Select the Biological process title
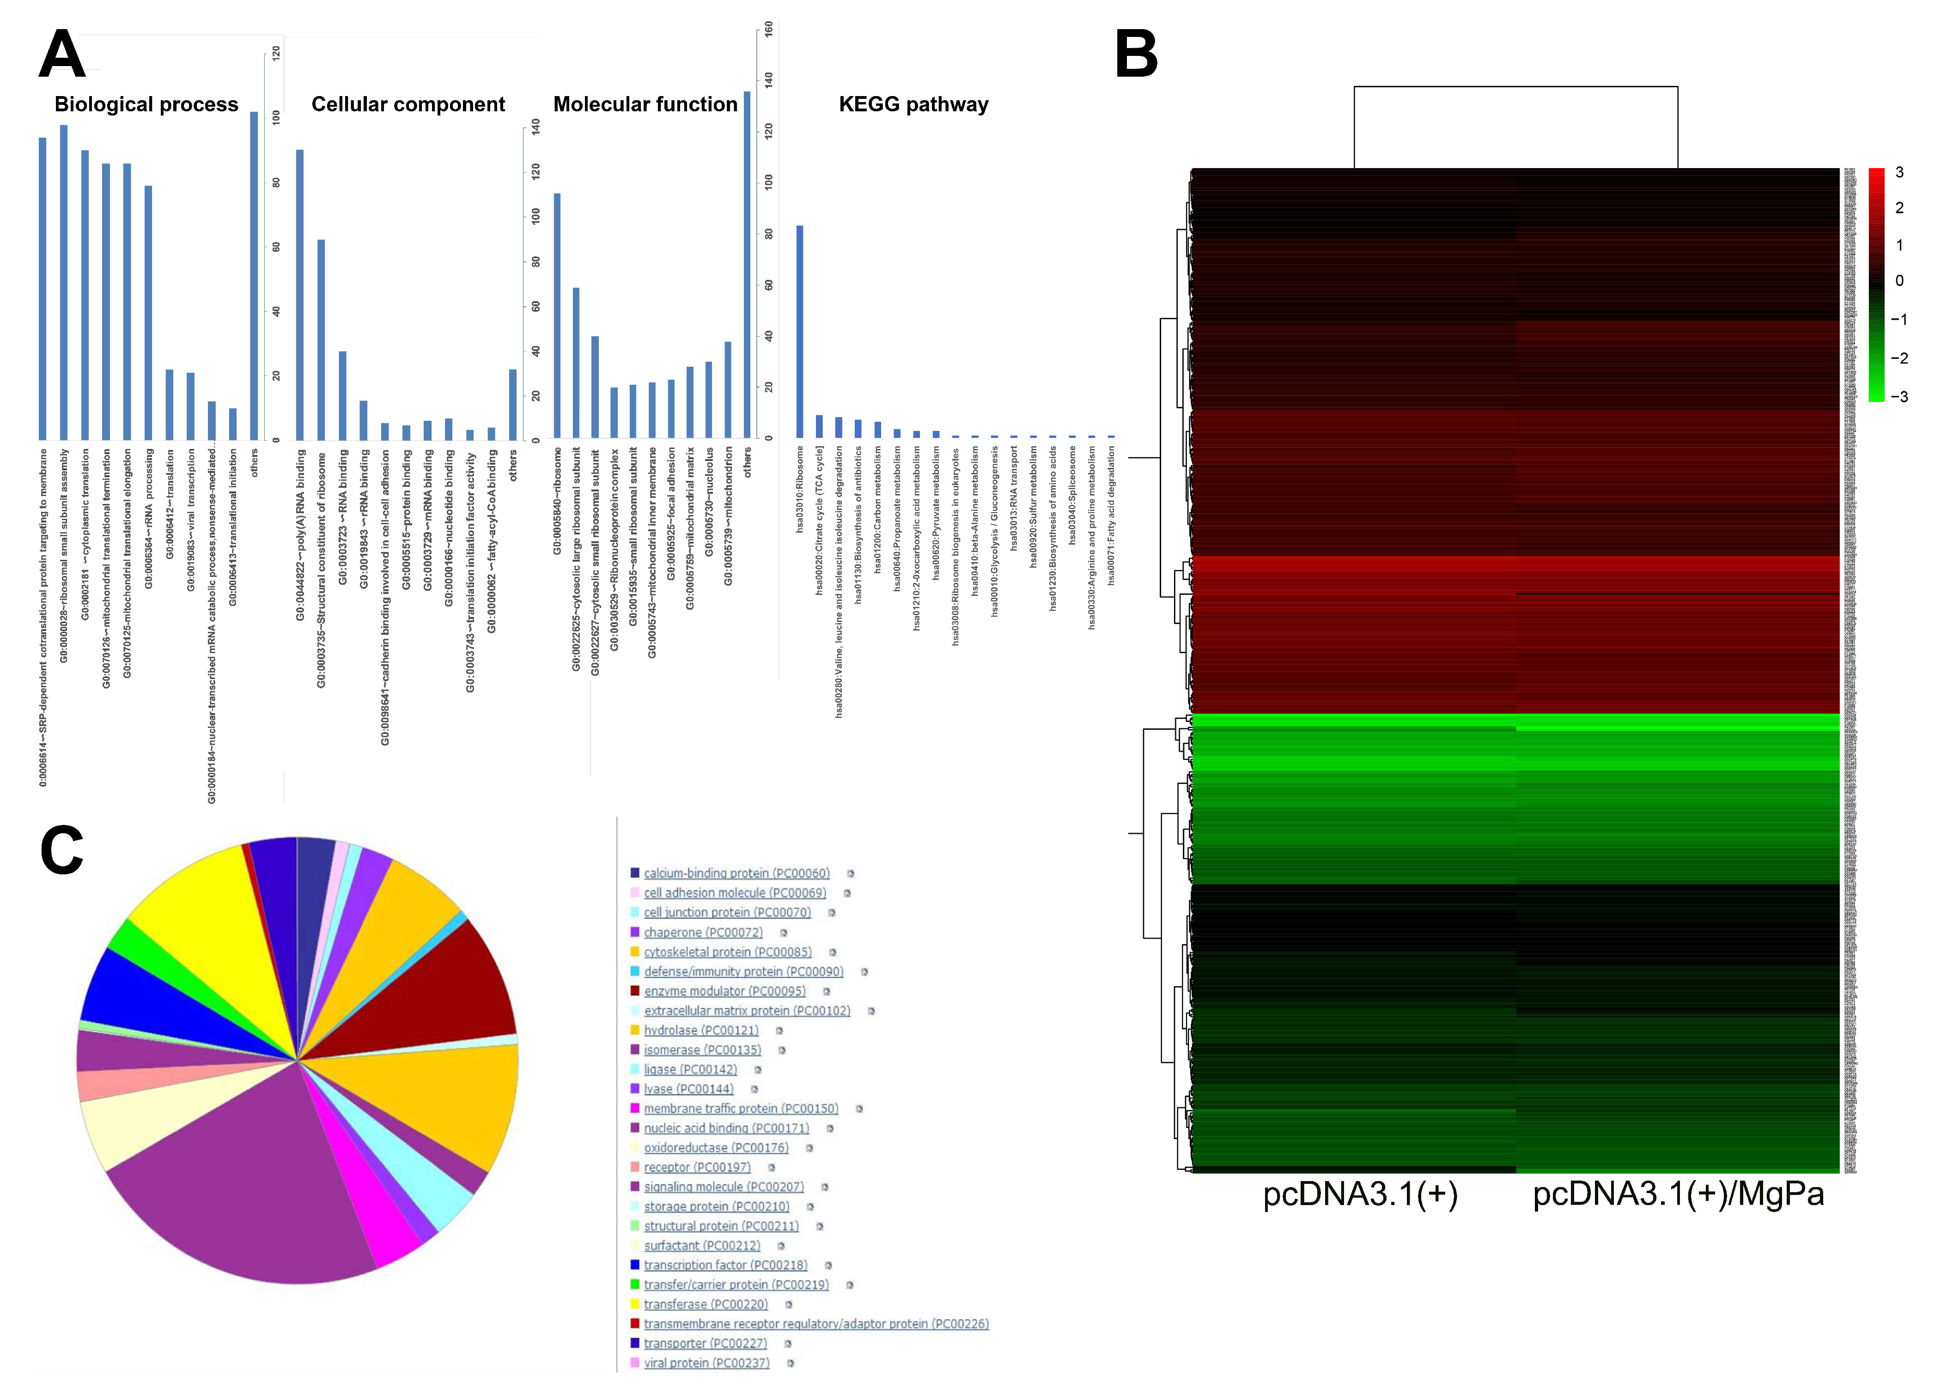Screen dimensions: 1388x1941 tap(146, 104)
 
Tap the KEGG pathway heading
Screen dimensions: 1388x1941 tap(913, 104)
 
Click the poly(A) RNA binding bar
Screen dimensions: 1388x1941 tap(300, 295)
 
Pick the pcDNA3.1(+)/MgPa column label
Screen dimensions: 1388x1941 tap(1678, 1194)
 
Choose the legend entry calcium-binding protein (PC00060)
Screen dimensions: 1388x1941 tap(736, 873)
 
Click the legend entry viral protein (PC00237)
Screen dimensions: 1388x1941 tap(706, 1362)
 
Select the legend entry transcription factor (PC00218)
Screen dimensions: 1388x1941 tap(725, 1265)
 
